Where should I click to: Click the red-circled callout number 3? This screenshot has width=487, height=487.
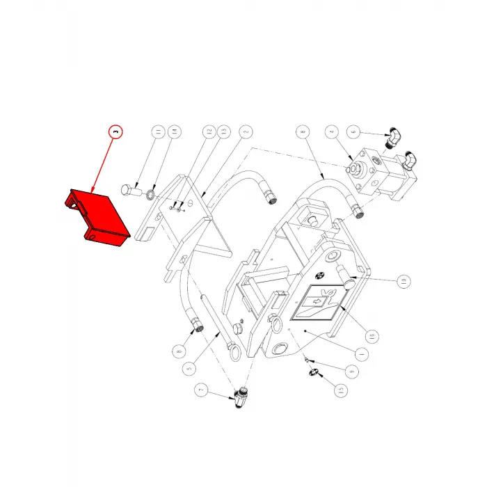click(115, 131)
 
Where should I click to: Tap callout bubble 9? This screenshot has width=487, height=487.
click(353, 372)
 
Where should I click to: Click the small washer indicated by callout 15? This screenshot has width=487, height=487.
click(313, 375)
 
